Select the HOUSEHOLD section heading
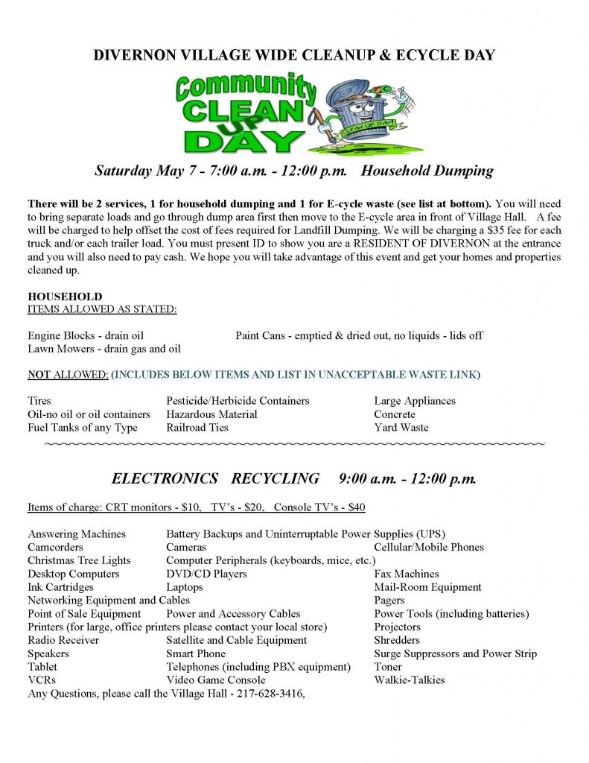[65, 297]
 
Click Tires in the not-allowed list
[39, 401]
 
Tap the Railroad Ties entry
[197, 428]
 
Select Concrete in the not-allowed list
[395, 414]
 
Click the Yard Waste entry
[401, 428]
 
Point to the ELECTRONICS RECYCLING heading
[215, 478]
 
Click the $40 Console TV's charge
[357, 507]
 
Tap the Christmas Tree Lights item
[79, 560]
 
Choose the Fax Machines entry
[407, 574]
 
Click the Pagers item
[389, 600]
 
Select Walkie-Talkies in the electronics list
[410, 680]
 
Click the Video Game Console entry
[216, 680]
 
